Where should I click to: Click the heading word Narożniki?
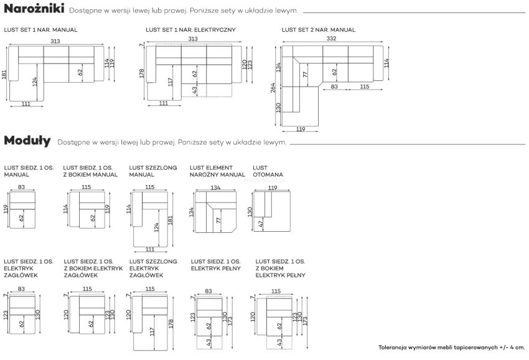point(34,9)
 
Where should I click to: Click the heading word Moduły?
point(27,141)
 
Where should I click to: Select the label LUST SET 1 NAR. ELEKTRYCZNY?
point(190,30)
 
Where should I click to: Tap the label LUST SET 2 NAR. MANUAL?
point(319,30)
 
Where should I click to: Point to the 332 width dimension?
point(331,39)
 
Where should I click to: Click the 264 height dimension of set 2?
point(273,87)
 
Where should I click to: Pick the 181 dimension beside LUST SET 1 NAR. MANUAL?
point(4,75)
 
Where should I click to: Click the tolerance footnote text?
point(451,347)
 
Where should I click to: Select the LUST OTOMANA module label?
point(268,171)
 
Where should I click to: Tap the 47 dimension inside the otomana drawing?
point(260,224)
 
